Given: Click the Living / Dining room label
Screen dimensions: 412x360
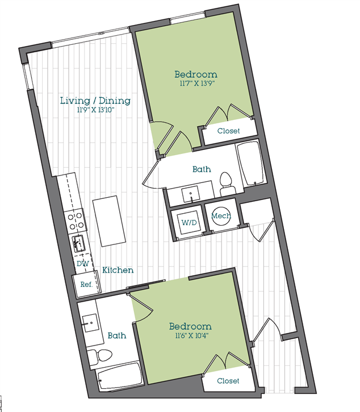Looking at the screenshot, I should coord(95,101).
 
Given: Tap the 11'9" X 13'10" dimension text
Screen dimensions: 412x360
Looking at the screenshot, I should coord(96,111).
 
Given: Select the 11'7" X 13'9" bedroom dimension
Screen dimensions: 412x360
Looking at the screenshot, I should coord(195,84).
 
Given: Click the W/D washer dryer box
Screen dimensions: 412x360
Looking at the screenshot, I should coord(189,222).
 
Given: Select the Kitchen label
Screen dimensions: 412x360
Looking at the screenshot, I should coord(118,270).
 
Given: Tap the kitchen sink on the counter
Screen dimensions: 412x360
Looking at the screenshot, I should coord(78,244).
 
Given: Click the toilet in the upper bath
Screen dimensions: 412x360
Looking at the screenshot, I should coord(227,184).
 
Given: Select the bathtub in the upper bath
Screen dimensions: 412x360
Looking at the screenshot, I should coord(249,164).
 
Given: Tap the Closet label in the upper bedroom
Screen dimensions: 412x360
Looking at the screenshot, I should coord(229,131).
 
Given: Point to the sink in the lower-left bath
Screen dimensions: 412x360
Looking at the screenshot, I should coord(90,326).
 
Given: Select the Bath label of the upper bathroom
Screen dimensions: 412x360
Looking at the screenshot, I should coord(202,169).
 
